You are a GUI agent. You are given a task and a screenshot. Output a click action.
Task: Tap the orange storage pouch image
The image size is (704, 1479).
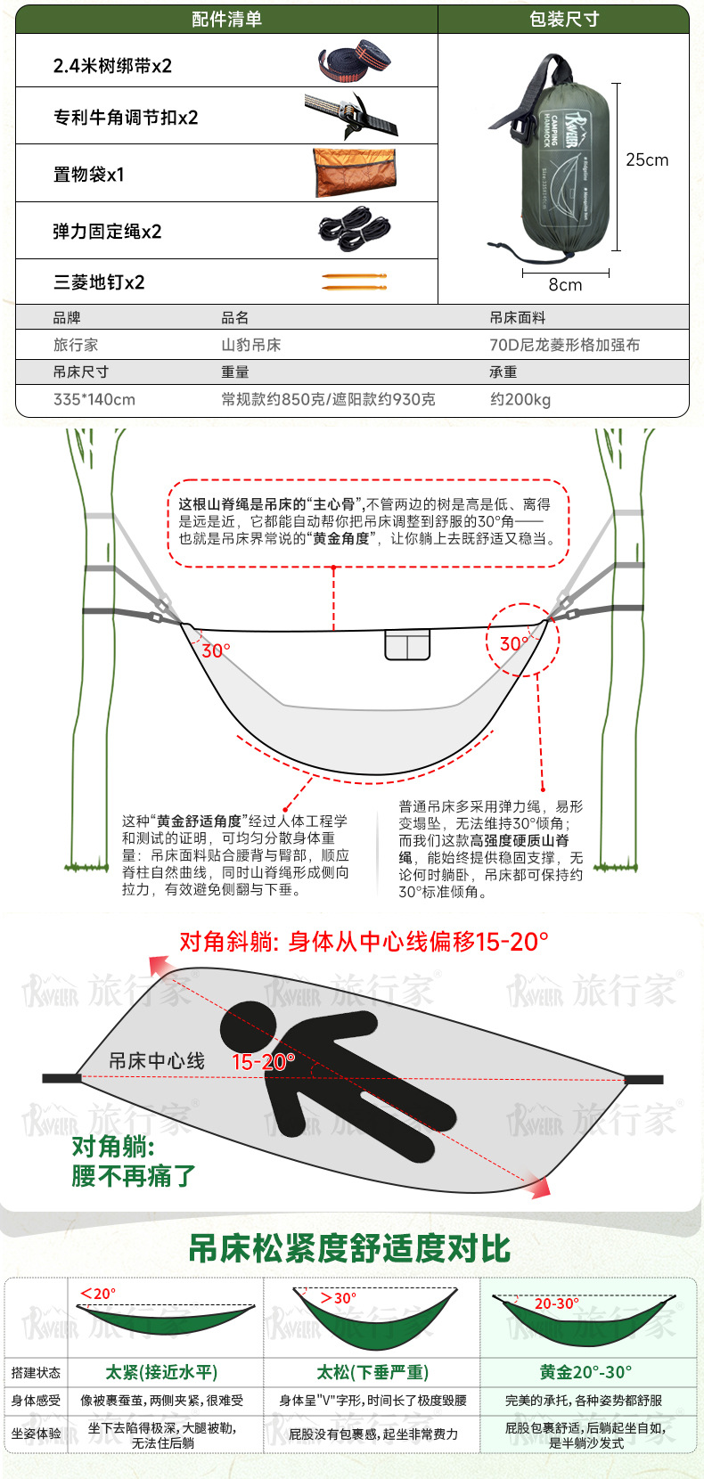point(355,172)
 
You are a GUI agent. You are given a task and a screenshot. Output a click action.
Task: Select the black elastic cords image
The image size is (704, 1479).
point(355,229)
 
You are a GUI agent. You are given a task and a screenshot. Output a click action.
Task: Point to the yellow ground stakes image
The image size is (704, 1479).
point(355,282)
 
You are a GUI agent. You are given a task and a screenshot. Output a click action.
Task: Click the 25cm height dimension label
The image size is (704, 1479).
point(647,159)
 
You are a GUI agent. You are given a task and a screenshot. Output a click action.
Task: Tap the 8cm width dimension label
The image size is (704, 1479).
point(565,284)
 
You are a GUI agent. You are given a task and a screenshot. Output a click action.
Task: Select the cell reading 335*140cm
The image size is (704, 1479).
point(94,399)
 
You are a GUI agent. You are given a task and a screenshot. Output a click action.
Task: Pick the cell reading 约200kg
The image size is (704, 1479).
point(520,399)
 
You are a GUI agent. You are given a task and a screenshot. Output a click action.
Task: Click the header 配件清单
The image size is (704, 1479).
point(226,19)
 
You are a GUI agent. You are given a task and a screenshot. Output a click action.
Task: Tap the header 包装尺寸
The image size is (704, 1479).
point(564,19)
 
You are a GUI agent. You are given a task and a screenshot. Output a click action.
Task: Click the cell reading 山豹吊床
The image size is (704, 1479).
point(251,345)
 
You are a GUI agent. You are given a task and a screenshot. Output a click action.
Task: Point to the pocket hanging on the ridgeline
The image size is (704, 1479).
point(407,644)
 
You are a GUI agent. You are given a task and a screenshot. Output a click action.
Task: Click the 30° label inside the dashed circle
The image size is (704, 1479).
point(514,644)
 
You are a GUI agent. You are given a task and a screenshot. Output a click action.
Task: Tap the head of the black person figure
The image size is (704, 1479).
point(248,1027)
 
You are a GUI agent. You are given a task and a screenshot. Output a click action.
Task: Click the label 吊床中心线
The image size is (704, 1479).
point(157,1061)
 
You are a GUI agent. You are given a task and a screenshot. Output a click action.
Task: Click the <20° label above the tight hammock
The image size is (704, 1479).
point(98,1294)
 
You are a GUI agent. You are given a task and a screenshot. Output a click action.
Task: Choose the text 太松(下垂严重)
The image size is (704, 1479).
point(372,1373)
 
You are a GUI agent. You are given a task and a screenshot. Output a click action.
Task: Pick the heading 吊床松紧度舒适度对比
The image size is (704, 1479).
point(349,1248)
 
